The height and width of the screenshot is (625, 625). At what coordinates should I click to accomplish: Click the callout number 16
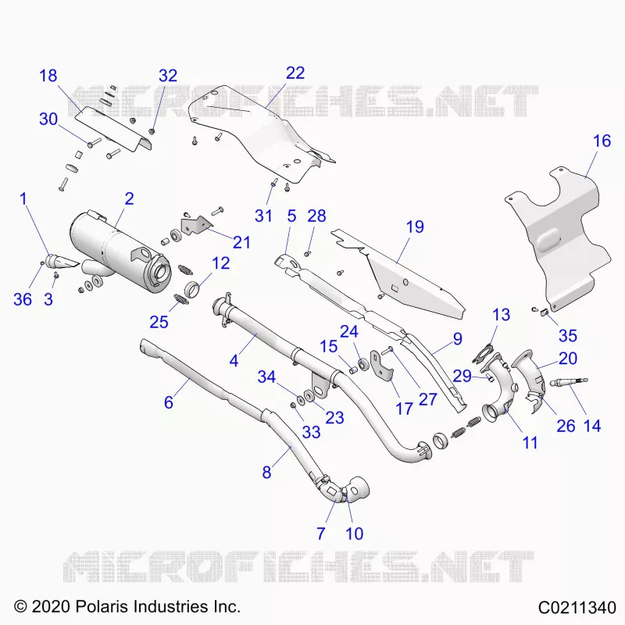(x=602, y=141)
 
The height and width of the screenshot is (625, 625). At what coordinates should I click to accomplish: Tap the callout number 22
(x=295, y=73)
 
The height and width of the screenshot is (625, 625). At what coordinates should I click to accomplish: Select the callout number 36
(x=23, y=299)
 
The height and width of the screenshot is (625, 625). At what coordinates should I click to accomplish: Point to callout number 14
(x=592, y=426)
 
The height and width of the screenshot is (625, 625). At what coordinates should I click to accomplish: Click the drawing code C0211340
(x=577, y=608)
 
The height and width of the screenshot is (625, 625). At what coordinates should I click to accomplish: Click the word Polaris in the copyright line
(x=102, y=607)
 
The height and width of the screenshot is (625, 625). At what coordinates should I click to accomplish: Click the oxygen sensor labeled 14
(x=568, y=383)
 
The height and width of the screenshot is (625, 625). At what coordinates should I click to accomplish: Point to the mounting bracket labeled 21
(x=196, y=225)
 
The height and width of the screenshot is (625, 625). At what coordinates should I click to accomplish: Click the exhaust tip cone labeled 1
(x=63, y=261)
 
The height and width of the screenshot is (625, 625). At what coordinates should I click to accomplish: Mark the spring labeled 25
(x=181, y=298)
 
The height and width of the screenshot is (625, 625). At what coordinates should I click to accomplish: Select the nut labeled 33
(x=292, y=405)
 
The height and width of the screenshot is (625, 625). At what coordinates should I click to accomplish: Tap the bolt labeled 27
(x=387, y=351)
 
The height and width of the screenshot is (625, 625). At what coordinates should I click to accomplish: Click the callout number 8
(x=266, y=473)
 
